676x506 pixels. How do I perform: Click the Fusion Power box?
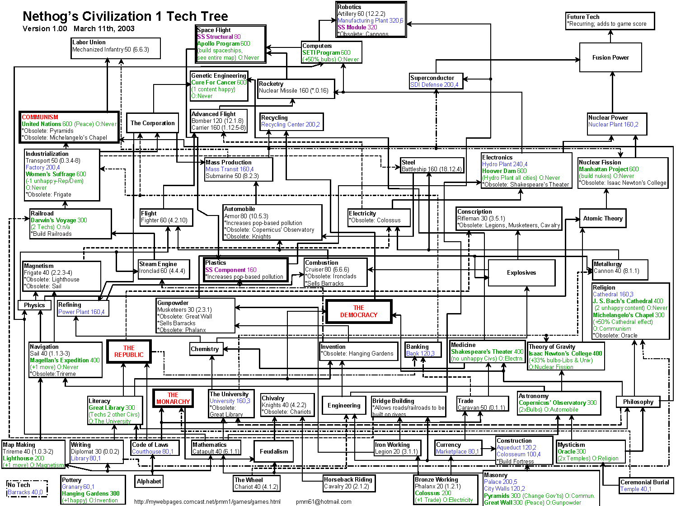[x=610, y=57]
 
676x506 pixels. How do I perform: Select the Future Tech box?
[x=610, y=21]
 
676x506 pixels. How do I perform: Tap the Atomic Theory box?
[x=603, y=219]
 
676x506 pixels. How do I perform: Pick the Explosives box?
[x=521, y=273]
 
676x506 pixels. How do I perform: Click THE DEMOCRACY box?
[x=359, y=312]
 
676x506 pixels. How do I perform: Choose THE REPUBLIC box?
[x=129, y=351]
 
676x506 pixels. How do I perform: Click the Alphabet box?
[x=149, y=482]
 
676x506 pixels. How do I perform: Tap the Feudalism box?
[x=274, y=451]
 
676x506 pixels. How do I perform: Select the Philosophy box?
[x=638, y=402]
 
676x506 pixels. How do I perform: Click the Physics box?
[x=34, y=305]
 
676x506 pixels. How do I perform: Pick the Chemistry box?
[x=205, y=349]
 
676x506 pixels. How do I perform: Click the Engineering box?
[x=344, y=406]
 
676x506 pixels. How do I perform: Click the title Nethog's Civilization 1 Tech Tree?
[x=125, y=17]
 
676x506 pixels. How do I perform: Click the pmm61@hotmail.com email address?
[x=324, y=501]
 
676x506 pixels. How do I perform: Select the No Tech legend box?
[x=27, y=488]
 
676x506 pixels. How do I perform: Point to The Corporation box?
[x=152, y=123]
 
